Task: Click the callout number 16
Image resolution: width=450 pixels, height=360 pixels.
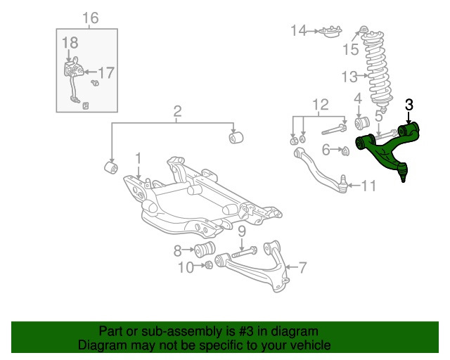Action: pyautogui.click(x=91, y=18)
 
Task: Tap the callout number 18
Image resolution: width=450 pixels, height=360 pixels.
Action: pyautogui.click(x=69, y=44)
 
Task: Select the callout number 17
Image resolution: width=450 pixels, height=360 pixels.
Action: pyautogui.click(x=105, y=72)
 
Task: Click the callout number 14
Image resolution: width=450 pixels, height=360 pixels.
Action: pyautogui.click(x=299, y=30)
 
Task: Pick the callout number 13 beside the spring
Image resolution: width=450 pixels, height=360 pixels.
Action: pyautogui.click(x=350, y=76)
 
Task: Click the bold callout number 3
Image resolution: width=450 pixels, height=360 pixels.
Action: pyautogui.click(x=409, y=105)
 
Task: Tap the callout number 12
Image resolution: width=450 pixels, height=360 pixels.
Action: pyautogui.click(x=320, y=105)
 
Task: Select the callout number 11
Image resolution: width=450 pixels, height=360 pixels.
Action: pyautogui.click(x=369, y=186)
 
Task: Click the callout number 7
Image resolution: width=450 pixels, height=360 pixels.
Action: pyautogui.click(x=302, y=267)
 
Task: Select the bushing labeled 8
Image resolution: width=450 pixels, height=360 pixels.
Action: pyautogui.click(x=206, y=250)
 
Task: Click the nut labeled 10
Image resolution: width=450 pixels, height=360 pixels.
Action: pyautogui.click(x=208, y=266)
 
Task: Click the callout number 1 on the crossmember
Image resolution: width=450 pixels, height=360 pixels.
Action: pyautogui.click(x=139, y=158)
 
